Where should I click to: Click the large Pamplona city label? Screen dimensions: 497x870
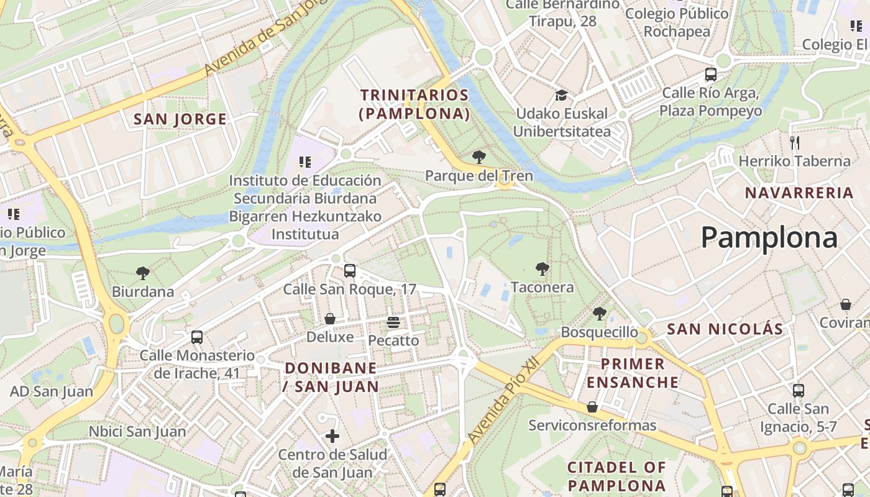tap(769, 238)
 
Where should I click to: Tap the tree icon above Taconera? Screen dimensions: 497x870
tap(543, 269)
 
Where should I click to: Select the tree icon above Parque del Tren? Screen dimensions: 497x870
tap(478, 157)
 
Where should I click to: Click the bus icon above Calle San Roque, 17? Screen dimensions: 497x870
tap(350, 271)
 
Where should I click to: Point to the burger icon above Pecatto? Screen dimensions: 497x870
tap(393, 322)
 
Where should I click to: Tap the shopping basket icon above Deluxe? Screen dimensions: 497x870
tap(330, 319)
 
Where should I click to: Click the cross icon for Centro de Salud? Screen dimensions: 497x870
tap(332, 436)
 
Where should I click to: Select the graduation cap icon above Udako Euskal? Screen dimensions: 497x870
tap(562, 95)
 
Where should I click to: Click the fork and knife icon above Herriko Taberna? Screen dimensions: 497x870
tap(794, 143)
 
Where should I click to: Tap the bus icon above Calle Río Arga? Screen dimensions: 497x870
tap(711, 75)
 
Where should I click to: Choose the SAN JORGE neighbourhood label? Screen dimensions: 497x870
tap(180, 119)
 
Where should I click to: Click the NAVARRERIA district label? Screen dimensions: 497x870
tap(799, 193)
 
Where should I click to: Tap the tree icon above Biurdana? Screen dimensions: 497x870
tap(143, 273)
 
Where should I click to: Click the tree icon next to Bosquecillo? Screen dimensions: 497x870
tap(599, 314)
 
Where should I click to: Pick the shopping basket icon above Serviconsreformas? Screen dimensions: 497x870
tap(592, 407)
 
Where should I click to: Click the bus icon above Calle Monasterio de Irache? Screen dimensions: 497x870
tap(197, 337)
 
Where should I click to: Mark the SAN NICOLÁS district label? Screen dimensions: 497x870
tap(725, 329)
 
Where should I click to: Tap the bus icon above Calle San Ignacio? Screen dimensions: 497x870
tap(799, 391)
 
